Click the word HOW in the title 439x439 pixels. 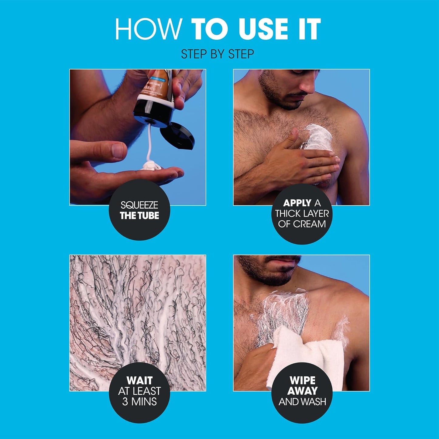coord(148,29)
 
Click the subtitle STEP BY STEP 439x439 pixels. coord(218,54)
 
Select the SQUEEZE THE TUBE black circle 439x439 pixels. coord(139,210)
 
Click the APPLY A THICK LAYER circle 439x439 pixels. coord(302,214)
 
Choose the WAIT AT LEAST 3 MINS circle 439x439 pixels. coord(139,392)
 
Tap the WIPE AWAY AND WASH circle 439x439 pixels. coord(302,392)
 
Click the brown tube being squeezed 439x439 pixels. coord(155,94)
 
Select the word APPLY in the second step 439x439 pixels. coord(297,203)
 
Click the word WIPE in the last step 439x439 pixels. coord(302,380)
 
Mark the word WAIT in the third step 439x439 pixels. coord(139,380)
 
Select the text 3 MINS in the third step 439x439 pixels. coord(139,402)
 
